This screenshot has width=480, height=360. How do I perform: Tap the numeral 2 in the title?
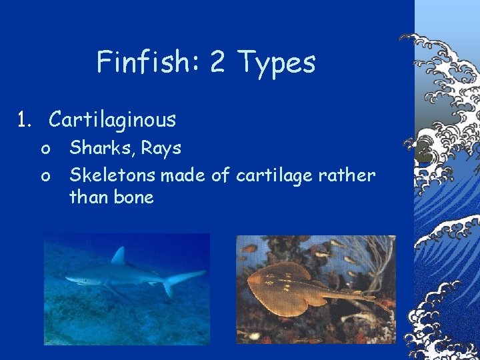(x=217, y=62)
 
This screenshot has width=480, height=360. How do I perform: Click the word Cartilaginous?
(x=112, y=120)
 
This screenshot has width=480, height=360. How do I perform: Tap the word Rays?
(x=159, y=148)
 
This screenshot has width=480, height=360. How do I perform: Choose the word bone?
(x=134, y=197)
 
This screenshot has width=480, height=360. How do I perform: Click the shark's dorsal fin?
(x=119, y=255)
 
